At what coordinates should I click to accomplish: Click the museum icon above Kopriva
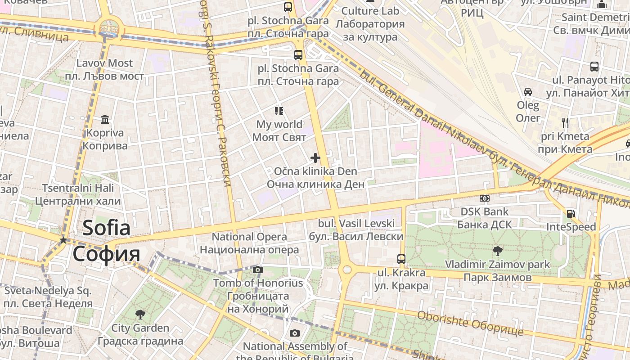click(x=105, y=119)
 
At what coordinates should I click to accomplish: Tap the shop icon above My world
click(x=279, y=111)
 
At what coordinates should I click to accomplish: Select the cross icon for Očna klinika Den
click(x=315, y=158)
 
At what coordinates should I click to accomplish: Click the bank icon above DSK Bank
click(x=485, y=198)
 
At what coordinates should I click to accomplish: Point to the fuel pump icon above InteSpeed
click(x=571, y=213)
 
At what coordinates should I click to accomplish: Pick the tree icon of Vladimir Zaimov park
click(x=497, y=251)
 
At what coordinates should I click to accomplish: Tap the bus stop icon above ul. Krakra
click(x=401, y=259)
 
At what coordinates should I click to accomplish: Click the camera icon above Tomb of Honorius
click(x=257, y=270)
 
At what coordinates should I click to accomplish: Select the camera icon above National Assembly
click(x=294, y=333)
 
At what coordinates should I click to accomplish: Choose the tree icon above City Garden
click(x=140, y=314)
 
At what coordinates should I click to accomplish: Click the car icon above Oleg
click(x=528, y=92)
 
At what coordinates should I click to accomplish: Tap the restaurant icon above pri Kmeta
click(x=565, y=122)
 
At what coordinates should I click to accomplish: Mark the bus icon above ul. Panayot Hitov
click(x=594, y=67)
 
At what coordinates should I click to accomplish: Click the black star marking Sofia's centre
click(x=63, y=240)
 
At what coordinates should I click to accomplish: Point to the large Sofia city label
click(x=107, y=241)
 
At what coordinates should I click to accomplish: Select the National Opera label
click(x=249, y=243)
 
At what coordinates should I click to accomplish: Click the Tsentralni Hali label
click(x=78, y=194)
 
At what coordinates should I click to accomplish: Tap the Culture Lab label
click(x=370, y=24)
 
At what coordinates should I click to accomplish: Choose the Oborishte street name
click(x=470, y=323)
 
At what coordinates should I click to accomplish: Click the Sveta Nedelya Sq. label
click(x=48, y=297)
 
